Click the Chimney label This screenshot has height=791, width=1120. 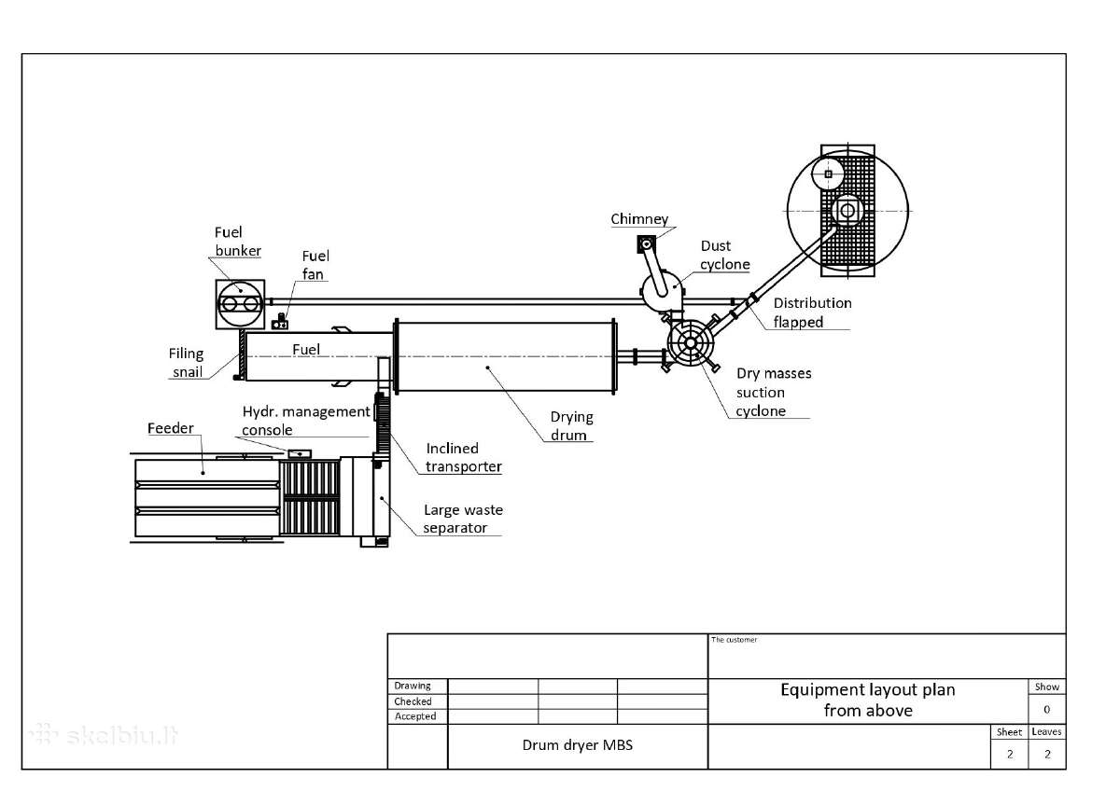pos(639,219)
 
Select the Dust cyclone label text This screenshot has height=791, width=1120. pos(724,255)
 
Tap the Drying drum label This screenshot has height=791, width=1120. pos(571,425)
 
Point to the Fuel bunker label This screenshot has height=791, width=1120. pos(237,242)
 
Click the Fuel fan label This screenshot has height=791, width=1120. pos(315,265)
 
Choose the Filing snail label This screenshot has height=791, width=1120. pos(186,363)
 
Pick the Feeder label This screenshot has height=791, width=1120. pos(171,428)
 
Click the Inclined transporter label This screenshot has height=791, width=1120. pos(464,457)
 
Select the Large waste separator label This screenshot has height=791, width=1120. pos(463,519)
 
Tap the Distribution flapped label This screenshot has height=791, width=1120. pos(813,312)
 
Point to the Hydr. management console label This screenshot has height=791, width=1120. pos(306,421)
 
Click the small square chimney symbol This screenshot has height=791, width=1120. pos(646,244)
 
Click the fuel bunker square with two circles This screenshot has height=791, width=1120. pos(240,304)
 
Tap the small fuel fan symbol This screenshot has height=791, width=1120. pos(280,323)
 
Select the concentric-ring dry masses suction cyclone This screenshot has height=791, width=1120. pos(691,343)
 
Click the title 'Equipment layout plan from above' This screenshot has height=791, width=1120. pos(868,701)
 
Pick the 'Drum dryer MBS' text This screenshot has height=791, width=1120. pos(578,745)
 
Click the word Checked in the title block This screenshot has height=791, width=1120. pos(413,701)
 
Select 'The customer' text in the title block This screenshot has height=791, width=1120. pos(734,640)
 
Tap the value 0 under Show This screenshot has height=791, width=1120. pos(1046,710)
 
